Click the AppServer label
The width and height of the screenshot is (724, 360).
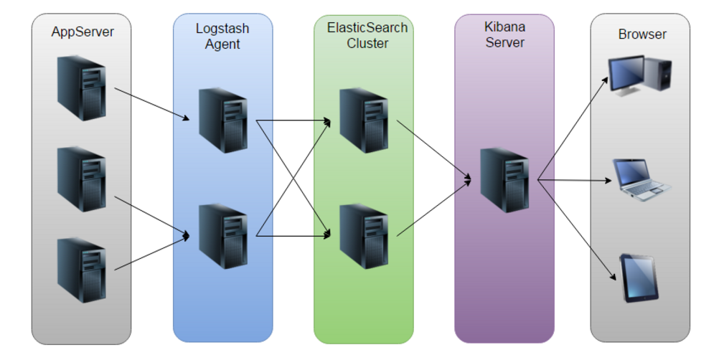82,32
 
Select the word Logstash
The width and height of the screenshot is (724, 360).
222,29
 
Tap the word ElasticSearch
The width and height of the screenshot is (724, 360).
367,28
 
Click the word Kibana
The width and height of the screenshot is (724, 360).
504,27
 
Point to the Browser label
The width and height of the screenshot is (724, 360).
642,34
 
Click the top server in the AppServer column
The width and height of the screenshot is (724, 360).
82,87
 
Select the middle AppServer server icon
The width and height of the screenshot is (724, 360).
82,179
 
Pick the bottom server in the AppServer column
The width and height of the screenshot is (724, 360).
82,270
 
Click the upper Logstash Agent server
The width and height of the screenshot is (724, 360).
222,119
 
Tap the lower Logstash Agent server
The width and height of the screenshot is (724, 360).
222,236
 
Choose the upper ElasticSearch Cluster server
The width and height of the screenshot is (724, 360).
364,119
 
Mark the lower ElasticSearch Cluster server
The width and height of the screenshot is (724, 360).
364,236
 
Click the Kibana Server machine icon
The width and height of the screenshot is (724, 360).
504,179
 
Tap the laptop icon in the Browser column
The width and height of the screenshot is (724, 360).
641,179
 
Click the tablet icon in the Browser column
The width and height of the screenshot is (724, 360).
639,278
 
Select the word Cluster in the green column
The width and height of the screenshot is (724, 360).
367,44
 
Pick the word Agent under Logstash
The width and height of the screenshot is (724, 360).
222,44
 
